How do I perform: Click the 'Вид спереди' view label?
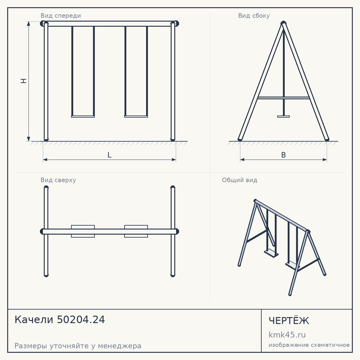click(x=60, y=15)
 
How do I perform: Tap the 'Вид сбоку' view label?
click(x=254, y=15)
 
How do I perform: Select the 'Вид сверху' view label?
click(x=58, y=180)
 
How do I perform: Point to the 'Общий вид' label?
click(x=239, y=180)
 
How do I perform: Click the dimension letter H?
click(x=24, y=81)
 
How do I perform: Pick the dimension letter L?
click(x=109, y=155)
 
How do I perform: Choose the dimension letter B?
click(x=284, y=155)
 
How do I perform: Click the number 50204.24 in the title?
click(x=81, y=320)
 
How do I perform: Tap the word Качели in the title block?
click(x=34, y=320)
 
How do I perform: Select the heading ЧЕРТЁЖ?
click(x=289, y=320)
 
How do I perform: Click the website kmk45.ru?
click(x=287, y=335)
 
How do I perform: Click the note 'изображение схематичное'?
click(x=309, y=345)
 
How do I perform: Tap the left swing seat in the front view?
click(x=83, y=116)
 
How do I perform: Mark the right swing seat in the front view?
click(x=136, y=116)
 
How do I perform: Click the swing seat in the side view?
click(x=284, y=116)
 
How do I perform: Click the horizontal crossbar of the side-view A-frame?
click(x=284, y=98)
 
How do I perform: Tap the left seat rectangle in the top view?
click(x=83, y=231)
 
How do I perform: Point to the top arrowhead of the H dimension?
click(x=28, y=23)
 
